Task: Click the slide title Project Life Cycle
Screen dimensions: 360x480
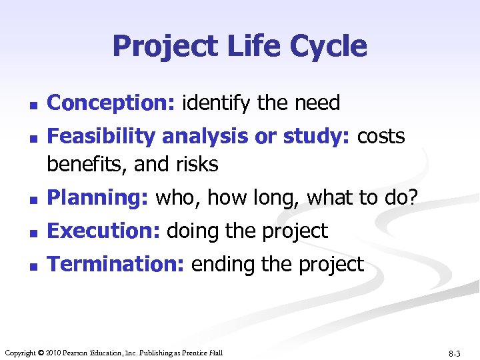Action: (239, 46)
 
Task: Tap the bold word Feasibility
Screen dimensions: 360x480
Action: (103, 137)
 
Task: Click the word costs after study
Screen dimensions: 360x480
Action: (381, 137)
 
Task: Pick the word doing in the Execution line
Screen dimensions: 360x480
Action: (191, 231)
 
